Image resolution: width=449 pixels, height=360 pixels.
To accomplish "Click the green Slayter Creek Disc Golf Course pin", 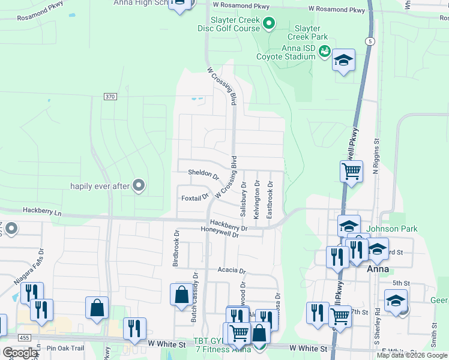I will pyautogui.click(x=269, y=24).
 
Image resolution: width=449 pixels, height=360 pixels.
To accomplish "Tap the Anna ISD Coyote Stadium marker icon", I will pyautogui.click(x=325, y=52).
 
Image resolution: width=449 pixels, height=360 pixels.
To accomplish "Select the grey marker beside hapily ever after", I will pyautogui.click(x=139, y=186).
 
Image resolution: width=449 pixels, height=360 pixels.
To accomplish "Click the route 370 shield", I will pyautogui.click(x=109, y=96).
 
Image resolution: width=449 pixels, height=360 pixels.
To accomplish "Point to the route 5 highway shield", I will pyautogui.click(x=370, y=41).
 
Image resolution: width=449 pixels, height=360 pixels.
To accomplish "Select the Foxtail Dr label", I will pyautogui.click(x=194, y=197).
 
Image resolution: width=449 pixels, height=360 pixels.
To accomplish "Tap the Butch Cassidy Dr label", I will pyautogui.click(x=194, y=298).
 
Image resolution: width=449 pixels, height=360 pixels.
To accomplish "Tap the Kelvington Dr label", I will pyautogui.click(x=257, y=199).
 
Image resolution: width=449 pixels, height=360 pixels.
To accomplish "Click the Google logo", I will pyautogui.click(x=20, y=353).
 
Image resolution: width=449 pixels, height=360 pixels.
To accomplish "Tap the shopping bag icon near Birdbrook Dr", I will pyautogui.click(x=181, y=295).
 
